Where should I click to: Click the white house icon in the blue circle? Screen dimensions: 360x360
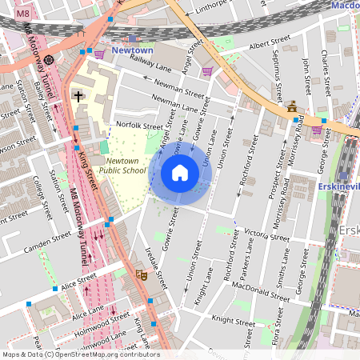point(180,172)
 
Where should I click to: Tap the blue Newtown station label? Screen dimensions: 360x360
point(132,50)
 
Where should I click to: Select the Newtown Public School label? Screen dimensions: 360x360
point(126,165)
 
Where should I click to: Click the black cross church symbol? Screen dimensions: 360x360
point(78,95)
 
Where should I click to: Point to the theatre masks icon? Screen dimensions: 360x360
point(142,274)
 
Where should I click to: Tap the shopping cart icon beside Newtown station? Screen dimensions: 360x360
point(99,54)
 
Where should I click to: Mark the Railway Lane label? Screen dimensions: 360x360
point(130,65)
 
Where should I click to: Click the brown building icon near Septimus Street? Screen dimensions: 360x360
point(292,106)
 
